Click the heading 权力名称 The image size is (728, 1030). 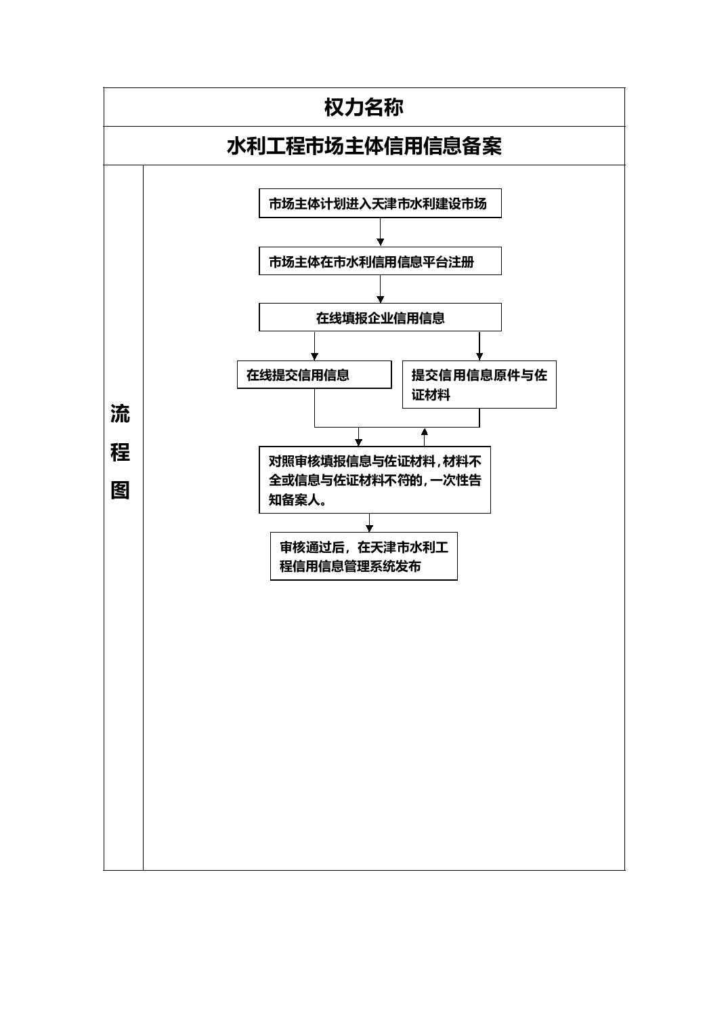click(364, 107)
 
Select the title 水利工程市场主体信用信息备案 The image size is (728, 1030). click(364, 146)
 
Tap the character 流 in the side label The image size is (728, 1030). click(120, 414)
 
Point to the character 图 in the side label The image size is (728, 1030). click(120, 490)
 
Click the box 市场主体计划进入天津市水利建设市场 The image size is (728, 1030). click(380, 203)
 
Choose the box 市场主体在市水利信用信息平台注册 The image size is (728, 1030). click(380, 261)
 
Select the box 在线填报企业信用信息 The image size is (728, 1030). click(380, 317)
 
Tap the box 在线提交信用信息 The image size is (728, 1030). click(314, 375)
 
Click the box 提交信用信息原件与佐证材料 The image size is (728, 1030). click(479, 384)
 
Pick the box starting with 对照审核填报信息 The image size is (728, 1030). click(374, 480)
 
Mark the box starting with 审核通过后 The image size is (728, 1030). click(364, 556)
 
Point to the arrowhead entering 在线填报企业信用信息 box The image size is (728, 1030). click(380, 299)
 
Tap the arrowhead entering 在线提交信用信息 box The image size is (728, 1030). click(314, 356)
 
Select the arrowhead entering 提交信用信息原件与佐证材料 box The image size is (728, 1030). click(479, 356)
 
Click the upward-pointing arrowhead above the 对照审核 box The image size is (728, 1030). click(424, 432)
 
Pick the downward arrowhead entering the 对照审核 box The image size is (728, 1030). click(358, 442)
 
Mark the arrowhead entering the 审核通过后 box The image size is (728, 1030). click(369, 529)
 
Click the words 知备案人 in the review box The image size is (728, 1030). click(295, 499)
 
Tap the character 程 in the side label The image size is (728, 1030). click(120, 452)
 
